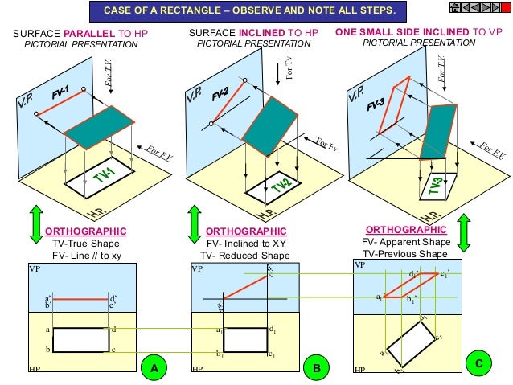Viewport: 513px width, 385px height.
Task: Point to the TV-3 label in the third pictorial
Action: [436, 186]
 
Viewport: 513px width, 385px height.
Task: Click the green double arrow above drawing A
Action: [35, 223]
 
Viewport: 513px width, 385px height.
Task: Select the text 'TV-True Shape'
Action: [86, 244]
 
